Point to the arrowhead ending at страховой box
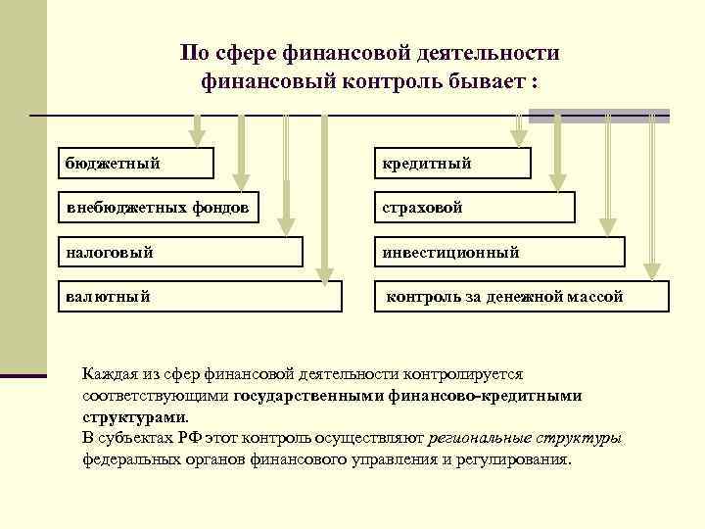coord(557,180)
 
